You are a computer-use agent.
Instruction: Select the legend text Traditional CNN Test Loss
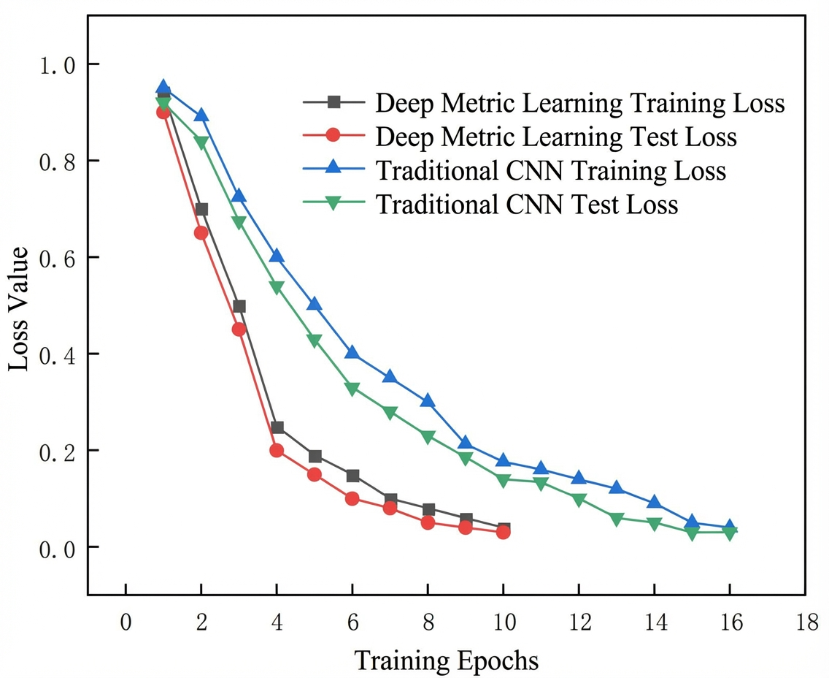[527, 205]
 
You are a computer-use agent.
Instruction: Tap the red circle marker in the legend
[333, 135]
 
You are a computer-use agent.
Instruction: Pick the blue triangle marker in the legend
[333, 168]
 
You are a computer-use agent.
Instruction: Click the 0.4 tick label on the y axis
[58, 354]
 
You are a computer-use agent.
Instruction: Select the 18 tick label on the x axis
[806, 622]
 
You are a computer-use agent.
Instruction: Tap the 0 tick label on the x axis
[126, 622]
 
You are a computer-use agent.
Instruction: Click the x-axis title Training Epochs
[446, 660]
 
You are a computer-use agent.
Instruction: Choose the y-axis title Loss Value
[18, 310]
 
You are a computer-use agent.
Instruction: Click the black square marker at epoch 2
[201, 209]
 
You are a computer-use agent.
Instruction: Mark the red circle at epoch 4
[277, 450]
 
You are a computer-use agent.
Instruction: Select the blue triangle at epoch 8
[428, 400]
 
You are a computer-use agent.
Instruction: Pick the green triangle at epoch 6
[352, 389]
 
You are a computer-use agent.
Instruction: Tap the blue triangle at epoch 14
[655, 502]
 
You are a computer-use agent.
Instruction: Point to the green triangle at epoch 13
[617, 519]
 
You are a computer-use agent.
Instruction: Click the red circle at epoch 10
[504, 532]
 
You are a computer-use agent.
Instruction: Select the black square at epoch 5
[315, 456]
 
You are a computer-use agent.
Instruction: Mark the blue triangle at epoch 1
[163, 88]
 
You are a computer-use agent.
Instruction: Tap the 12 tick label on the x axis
[579, 622]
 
